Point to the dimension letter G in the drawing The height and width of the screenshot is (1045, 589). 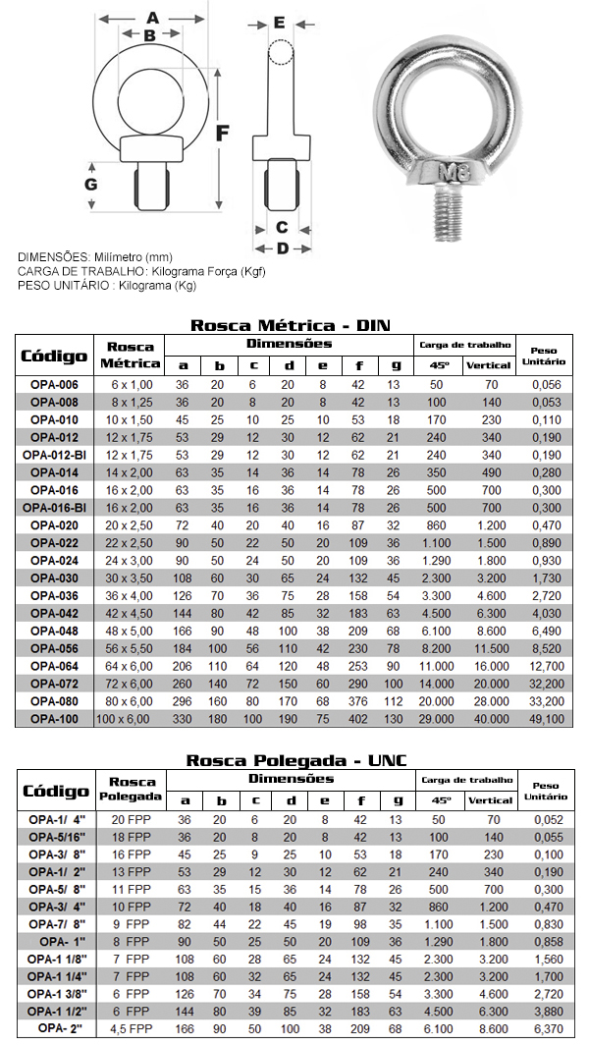click(90, 184)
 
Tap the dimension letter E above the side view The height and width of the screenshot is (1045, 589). click(280, 23)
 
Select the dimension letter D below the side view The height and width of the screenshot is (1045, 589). click(282, 247)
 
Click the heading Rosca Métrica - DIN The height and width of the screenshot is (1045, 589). click(293, 325)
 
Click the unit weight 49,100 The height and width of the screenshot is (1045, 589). click(546, 719)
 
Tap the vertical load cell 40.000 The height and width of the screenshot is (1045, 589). click(488, 719)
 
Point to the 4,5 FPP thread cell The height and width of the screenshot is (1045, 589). click(131, 1027)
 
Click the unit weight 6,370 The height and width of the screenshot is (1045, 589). click(546, 1027)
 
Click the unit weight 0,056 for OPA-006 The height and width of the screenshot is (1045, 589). click(546, 384)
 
